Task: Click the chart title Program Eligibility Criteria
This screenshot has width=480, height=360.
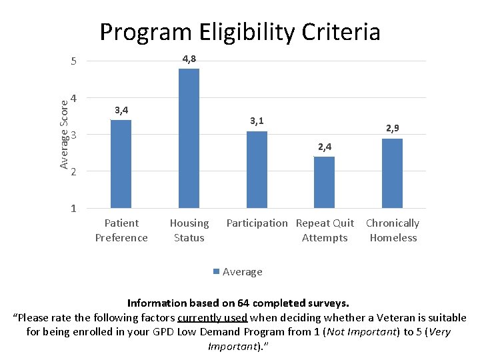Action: tap(239, 32)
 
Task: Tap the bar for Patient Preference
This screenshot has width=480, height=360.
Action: tap(121, 164)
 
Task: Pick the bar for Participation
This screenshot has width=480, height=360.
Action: tap(257, 170)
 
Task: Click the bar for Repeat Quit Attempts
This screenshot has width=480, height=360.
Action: tap(324, 183)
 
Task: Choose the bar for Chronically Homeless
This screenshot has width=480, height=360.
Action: tap(392, 173)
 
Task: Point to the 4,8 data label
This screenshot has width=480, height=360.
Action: tap(189, 59)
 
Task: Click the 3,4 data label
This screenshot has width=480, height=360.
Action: tap(121, 110)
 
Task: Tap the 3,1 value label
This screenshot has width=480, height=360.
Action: tap(257, 121)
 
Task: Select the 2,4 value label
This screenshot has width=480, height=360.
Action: tap(324, 147)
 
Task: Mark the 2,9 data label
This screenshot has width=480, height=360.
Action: tap(392, 128)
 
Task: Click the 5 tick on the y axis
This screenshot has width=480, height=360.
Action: tap(74, 62)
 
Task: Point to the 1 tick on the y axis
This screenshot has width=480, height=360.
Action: tap(74, 209)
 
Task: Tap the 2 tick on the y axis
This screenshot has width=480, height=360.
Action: tap(74, 172)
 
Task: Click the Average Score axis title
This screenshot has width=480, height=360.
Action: tap(63, 133)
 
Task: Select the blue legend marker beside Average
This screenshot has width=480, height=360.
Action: tap(216, 271)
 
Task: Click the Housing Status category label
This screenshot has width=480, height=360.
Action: tap(189, 231)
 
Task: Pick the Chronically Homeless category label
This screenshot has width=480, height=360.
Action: tap(393, 231)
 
